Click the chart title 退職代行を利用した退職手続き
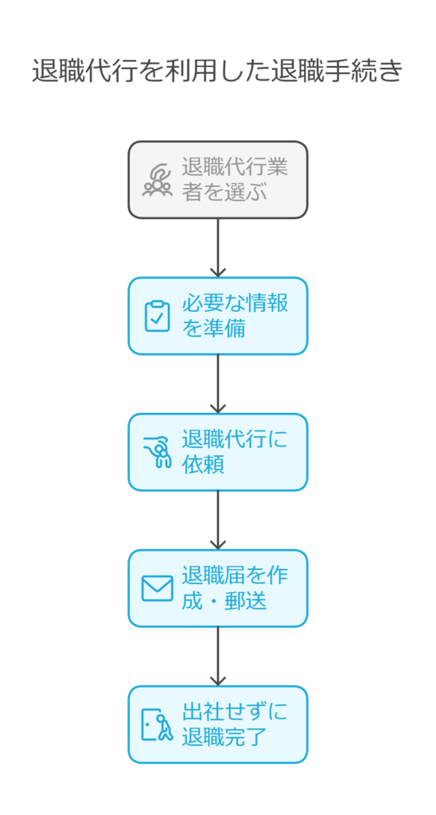pos(218,71)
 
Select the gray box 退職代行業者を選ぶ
pos(218,180)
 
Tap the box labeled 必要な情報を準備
pos(218,316)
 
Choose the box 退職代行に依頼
pos(218,452)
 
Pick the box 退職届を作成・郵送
pos(218,588)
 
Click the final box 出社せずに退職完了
pos(218,724)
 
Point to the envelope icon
pos(157,588)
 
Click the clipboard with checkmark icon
pos(157,316)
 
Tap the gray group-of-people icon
pos(157,180)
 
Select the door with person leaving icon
pos(157,724)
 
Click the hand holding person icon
pos(157,452)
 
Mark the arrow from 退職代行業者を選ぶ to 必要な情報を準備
pos(218,248)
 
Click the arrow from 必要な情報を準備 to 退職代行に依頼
pos(218,384)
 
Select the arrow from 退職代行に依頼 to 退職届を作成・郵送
pos(218,521)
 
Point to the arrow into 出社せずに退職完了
pos(218,657)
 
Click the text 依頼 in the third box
pos(203,465)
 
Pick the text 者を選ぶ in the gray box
pos(224,193)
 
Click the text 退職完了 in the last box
pos(224,737)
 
